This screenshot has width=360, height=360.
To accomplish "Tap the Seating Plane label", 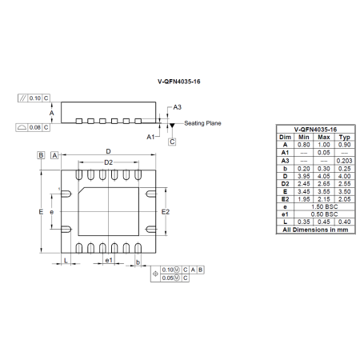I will click(203, 123).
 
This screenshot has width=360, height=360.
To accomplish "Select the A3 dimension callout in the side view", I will click(178, 107).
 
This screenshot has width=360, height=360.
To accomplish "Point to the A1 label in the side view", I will click(150, 137).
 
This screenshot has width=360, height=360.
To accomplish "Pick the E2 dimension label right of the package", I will click(166, 212).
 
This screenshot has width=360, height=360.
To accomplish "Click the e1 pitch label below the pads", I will click(109, 261).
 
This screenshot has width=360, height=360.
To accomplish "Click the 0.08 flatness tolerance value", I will click(34, 127).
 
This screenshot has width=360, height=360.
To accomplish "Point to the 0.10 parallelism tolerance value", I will click(34, 98).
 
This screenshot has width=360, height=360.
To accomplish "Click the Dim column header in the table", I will click(285, 137).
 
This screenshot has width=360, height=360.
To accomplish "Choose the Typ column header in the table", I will click(344, 137).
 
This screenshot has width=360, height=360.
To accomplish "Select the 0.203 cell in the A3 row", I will click(344, 160).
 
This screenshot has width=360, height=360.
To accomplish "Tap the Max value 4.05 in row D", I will click(324, 175).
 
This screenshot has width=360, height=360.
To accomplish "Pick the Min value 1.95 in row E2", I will click(304, 198).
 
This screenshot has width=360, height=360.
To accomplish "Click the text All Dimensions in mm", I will click(314, 229).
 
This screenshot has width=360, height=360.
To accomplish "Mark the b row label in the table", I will click(285, 167).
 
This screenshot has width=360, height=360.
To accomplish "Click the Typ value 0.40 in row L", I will click(344, 221).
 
